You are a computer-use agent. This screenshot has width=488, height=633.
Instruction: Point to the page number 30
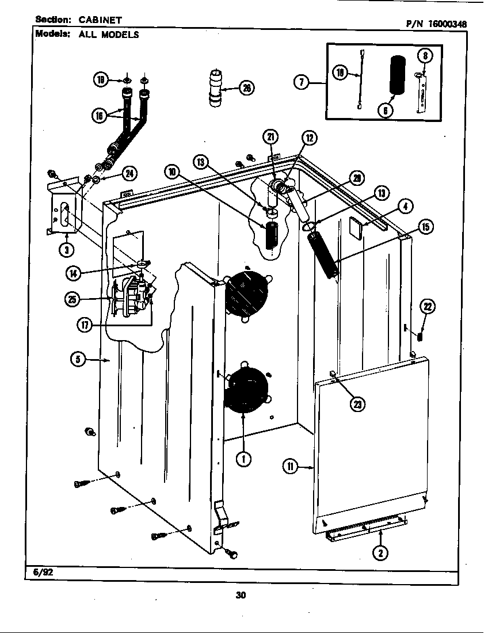[x=241, y=595]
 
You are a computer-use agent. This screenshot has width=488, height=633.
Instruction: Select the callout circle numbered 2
[x=379, y=553]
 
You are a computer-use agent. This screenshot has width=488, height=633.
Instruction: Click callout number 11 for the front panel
[x=291, y=467]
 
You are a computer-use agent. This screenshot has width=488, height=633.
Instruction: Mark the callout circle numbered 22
[x=428, y=307]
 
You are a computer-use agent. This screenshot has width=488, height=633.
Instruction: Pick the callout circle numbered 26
[x=247, y=88]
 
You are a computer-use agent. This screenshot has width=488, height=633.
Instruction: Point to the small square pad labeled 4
[x=355, y=227]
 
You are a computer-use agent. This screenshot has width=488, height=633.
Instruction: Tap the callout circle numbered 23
[x=358, y=405]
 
